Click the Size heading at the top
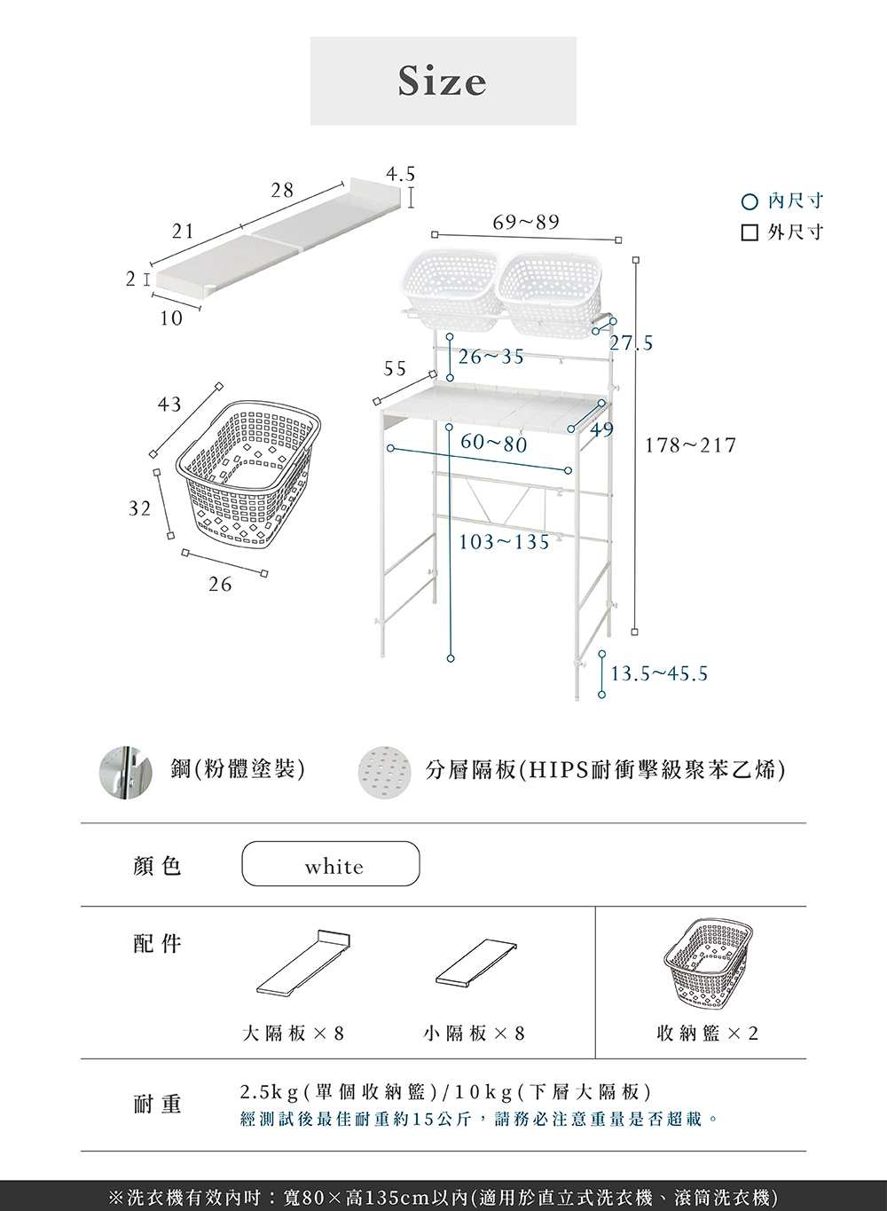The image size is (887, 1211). [x=443, y=81]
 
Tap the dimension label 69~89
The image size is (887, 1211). [x=526, y=222]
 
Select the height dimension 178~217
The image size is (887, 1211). [x=690, y=445]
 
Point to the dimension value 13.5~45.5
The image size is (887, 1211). [x=659, y=674]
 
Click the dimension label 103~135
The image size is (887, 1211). [x=504, y=542]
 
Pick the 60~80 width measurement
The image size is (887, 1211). [x=493, y=443]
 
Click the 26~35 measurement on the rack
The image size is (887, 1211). [x=491, y=357]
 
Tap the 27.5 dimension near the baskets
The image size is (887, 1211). [x=631, y=343]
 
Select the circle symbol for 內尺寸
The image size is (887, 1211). [x=750, y=202]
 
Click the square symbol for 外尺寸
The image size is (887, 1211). [x=750, y=232]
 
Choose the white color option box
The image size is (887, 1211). [x=330, y=864]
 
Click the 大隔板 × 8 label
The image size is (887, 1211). [x=294, y=1034]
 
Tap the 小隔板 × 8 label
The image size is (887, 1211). [x=475, y=1034]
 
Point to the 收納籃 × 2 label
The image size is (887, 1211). [x=708, y=1034]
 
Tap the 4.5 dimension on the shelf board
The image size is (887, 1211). [x=400, y=174]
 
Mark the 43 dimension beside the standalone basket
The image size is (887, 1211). [x=169, y=405]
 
